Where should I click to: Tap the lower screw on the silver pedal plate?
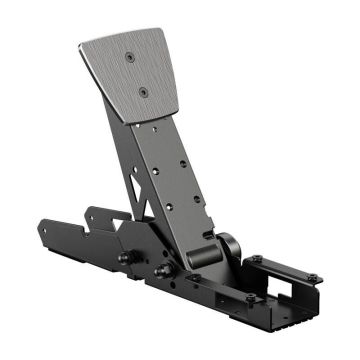pos(144,92)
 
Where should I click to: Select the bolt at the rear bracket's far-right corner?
pos(312,277)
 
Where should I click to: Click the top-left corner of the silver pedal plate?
pos(79,45)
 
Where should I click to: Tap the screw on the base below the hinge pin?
pos(196,278)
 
